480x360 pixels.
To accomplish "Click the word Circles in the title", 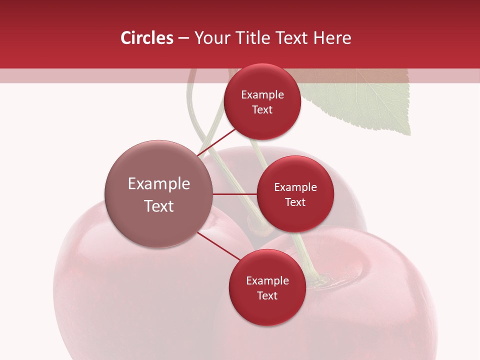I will (147, 38).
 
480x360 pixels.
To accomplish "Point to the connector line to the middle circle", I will (235, 194).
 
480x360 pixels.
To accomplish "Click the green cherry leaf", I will (365, 100).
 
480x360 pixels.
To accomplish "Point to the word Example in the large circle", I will (159, 184).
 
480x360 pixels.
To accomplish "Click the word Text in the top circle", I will (262, 109).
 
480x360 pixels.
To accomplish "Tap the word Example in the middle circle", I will (295, 187).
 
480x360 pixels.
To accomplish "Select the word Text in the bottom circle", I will (267, 295).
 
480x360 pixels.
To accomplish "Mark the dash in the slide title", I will (183, 38).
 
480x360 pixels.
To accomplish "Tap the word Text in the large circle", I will (159, 206).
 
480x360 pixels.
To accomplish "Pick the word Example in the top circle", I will (262, 95).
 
